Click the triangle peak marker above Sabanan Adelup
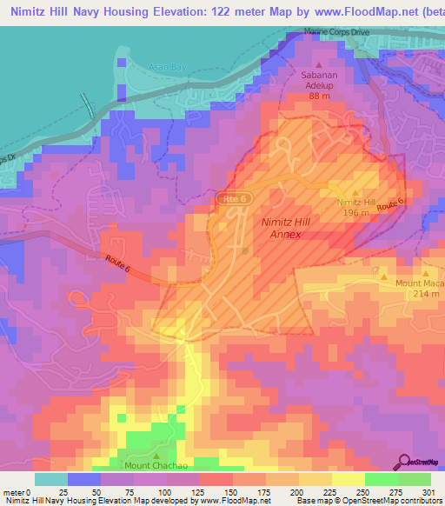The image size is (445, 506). coord(318,65)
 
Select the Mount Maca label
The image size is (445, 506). coord(421,283)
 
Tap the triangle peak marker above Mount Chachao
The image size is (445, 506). coord(156,455)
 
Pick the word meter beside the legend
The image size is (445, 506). coord(13,492)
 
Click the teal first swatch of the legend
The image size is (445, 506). coord(51,479)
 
